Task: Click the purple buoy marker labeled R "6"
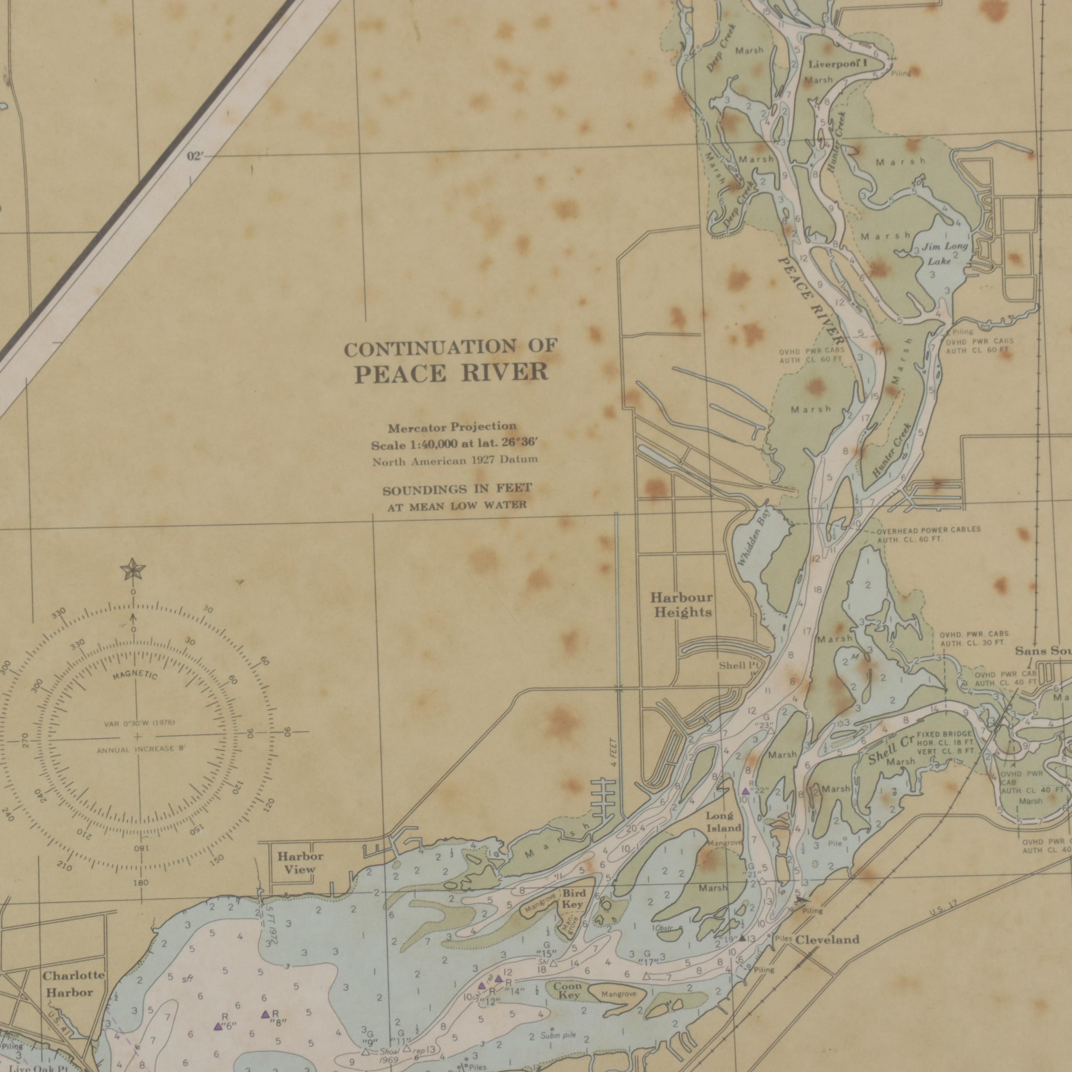(218, 1026)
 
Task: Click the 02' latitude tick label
(195, 157)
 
